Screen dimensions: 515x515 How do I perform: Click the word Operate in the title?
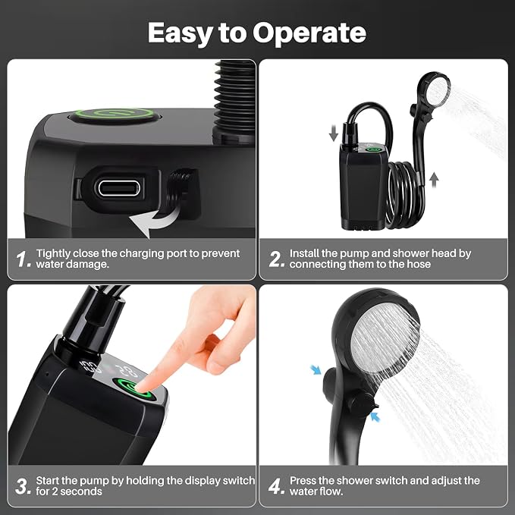(309, 33)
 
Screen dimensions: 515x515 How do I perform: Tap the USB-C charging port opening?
(119, 188)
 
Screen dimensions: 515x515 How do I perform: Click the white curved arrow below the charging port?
(155, 220)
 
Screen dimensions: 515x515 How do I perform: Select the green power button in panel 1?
(115, 115)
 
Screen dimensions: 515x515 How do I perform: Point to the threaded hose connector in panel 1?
(234, 99)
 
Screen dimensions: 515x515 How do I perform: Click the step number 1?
(23, 259)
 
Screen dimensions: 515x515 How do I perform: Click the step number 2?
(277, 259)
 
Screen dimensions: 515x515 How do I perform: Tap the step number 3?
(23, 486)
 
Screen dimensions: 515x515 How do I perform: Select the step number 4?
(276, 486)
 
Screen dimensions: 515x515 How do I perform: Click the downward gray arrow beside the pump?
(334, 133)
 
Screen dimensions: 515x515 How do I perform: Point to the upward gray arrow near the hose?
(434, 180)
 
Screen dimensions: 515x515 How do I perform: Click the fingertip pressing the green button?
(141, 385)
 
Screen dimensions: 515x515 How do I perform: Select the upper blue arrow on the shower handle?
(316, 370)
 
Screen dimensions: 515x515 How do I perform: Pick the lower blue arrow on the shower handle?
(375, 417)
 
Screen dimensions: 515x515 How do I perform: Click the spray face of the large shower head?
(385, 338)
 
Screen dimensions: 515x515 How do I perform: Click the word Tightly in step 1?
(53, 254)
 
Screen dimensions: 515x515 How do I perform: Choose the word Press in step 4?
(303, 481)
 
